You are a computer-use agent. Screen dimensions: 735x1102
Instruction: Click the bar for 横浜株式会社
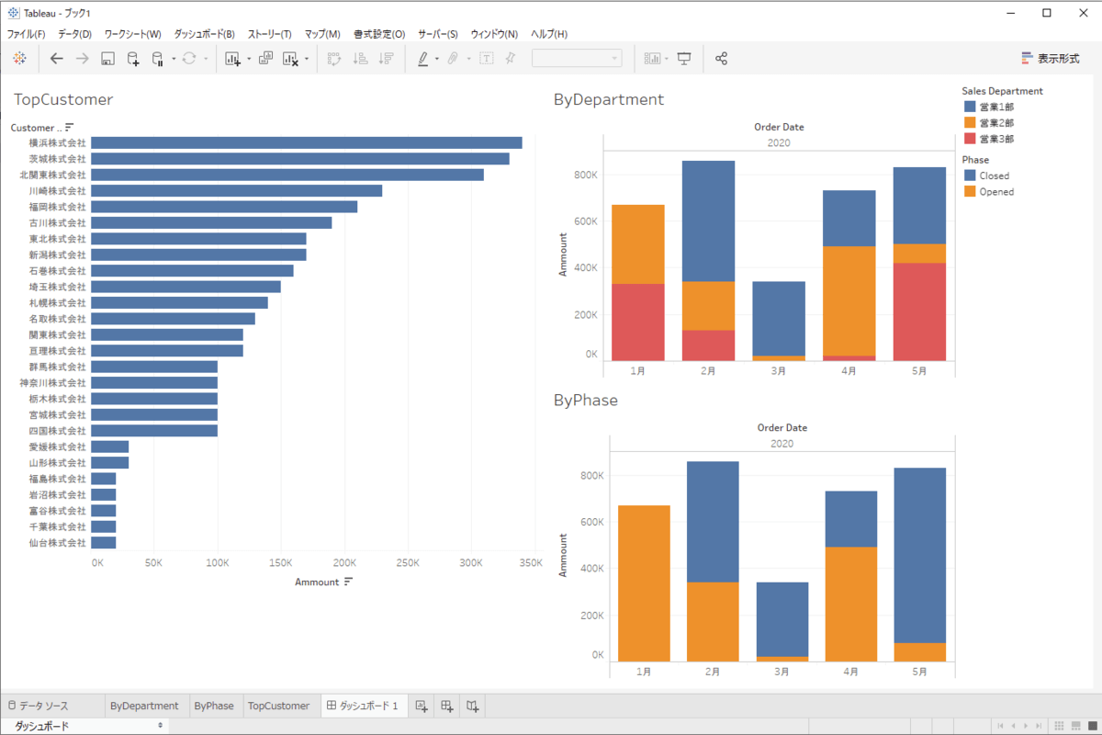point(306,142)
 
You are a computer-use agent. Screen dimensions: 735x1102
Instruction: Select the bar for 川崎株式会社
point(236,190)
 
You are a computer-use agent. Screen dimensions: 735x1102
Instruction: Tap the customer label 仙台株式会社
point(57,543)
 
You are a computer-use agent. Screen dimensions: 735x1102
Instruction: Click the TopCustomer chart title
point(63,99)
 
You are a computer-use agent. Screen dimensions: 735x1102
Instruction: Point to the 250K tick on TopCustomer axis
point(408,562)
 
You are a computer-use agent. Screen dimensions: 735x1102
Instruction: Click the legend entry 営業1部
point(996,107)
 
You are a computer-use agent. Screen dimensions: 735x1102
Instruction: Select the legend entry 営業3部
point(996,139)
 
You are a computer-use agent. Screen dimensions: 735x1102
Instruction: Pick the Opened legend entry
point(995,192)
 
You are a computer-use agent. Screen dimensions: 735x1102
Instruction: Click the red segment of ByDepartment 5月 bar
point(919,311)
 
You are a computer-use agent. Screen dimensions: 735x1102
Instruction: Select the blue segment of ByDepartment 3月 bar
point(780,318)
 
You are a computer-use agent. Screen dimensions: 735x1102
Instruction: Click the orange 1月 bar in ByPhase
point(644,582)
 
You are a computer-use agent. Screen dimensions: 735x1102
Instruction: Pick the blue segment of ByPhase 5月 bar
point(919,555)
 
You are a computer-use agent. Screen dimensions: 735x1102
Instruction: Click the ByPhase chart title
point(586,401)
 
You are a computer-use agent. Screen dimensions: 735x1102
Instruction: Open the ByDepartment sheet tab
point(144,706)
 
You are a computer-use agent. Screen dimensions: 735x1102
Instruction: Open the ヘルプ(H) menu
point(549,34)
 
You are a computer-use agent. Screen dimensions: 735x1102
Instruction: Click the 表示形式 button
point(1051,58)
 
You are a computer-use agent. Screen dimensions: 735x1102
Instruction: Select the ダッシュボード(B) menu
point(204,34)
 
